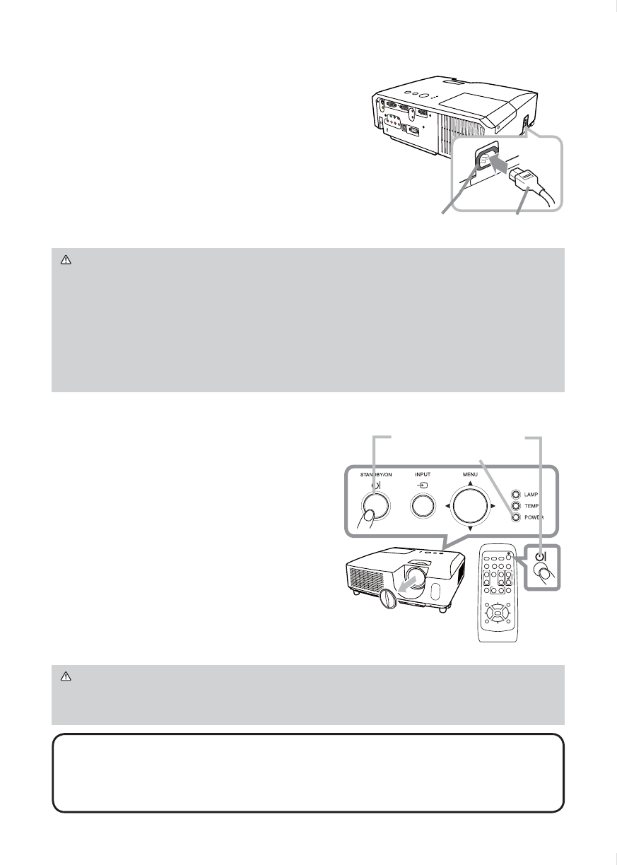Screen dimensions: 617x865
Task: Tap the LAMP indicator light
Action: point(517,494)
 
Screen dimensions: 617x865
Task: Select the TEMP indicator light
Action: point(517,506)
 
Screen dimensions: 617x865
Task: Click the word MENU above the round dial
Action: point(469,474)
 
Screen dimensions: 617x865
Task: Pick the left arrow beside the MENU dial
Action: point(447,506)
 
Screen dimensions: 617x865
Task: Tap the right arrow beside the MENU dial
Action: point(493,506)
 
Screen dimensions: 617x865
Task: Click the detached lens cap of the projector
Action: point(389,599)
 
